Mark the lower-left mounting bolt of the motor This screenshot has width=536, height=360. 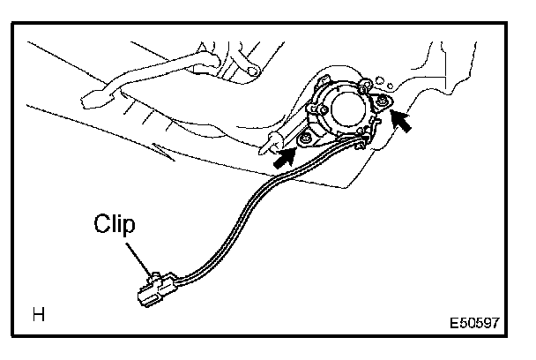pos(305,139)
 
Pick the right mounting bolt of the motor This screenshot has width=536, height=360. pos(381,103)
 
